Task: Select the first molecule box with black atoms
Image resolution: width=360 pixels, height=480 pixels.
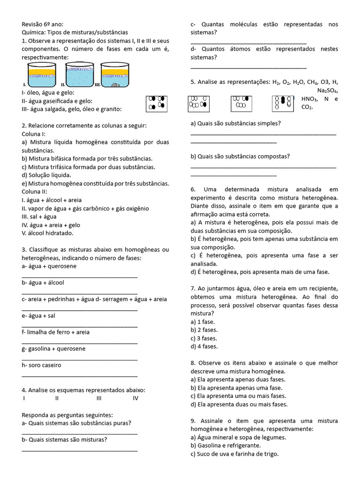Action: [157, 103]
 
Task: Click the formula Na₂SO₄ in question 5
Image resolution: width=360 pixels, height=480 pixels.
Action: [327, 90]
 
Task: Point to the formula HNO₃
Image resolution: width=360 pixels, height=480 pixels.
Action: [309, 99]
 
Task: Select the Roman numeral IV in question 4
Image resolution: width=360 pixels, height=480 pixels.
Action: [135, 398]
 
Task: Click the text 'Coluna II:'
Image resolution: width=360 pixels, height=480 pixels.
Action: [35, 191]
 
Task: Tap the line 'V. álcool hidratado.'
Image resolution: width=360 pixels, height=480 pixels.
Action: [47, 232]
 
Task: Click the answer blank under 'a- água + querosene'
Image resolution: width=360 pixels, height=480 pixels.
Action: [80, 277]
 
